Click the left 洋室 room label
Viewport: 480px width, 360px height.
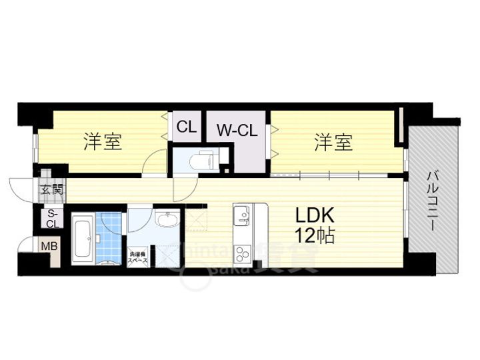click(103, 142)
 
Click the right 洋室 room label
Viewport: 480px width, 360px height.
click(333, 142)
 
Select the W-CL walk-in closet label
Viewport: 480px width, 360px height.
click(236, 130)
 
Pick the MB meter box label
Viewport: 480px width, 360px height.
click(50, 247)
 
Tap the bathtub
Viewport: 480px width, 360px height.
click(83, 239)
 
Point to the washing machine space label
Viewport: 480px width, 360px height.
click(139, 257)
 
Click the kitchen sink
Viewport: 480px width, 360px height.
click(241, 215)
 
